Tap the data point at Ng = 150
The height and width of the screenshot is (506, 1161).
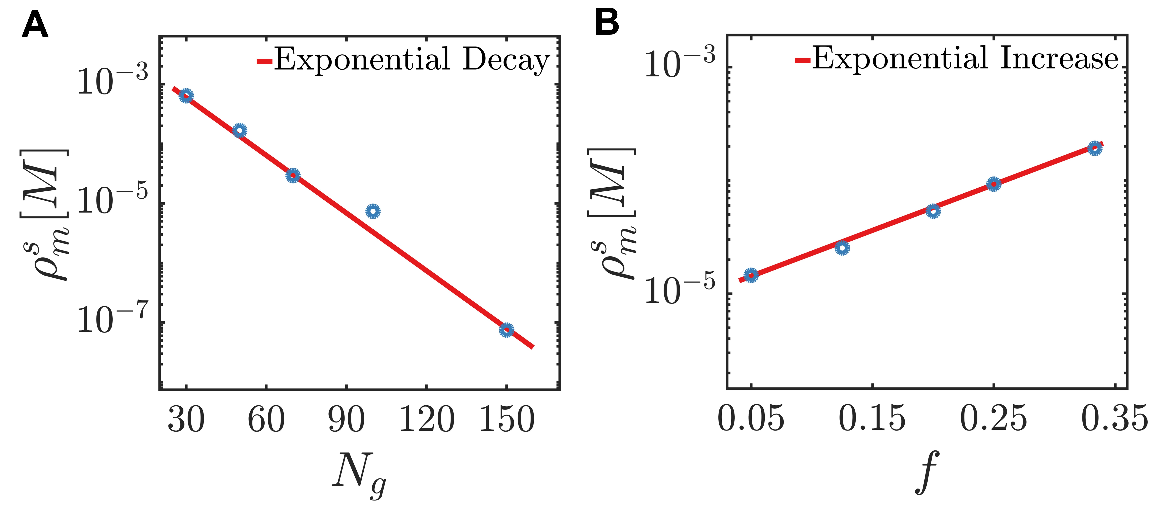click(x=507, y=330)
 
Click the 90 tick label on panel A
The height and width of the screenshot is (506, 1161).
click(x=346, y=419)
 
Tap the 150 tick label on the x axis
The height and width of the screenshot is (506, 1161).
click(x=507, y=419)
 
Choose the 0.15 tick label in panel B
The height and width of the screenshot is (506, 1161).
click(x=872, y=419)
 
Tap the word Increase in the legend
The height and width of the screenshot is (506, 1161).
click(x=1059, y=59)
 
